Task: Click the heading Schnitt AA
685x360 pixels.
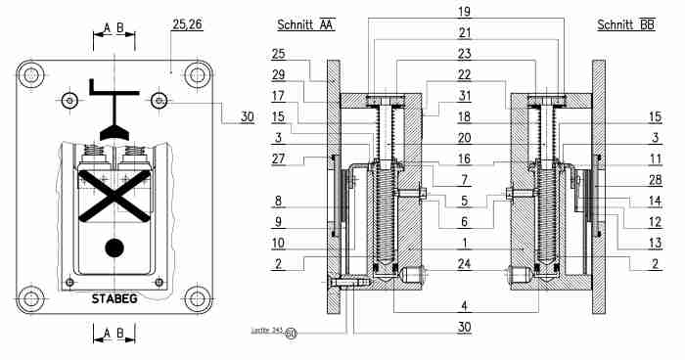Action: point(306,25)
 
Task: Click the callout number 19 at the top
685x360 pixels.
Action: point(464,12)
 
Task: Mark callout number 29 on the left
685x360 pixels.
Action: point(279,75)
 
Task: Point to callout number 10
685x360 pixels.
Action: point(279,243)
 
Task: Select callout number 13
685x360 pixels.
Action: point(652,243)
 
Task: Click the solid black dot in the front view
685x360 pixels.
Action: point(115,247)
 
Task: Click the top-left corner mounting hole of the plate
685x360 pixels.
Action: point(32,75)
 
